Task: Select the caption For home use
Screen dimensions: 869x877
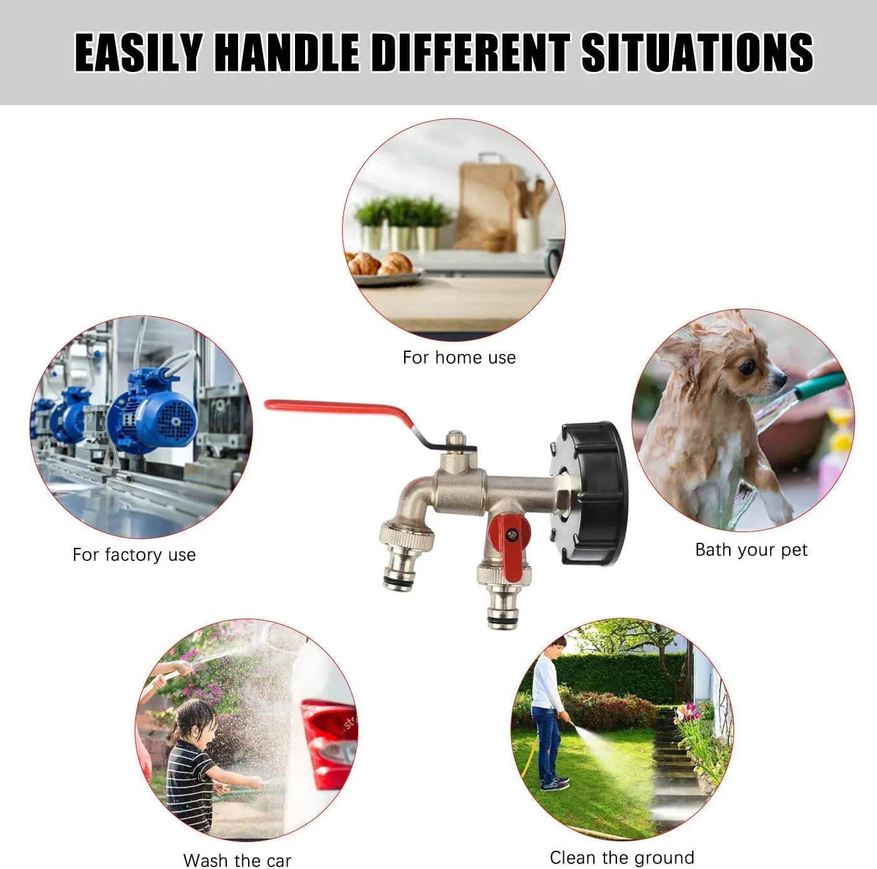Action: [459, 357]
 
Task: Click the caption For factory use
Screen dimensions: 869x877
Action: [134, 555]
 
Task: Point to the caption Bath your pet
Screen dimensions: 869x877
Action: [751, 550]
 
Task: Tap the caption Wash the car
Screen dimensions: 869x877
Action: [237, 860]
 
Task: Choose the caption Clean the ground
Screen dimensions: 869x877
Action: [621, 857]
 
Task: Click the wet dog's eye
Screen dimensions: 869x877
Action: [745, 368]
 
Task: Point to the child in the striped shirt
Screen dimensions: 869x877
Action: [191, 767]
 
